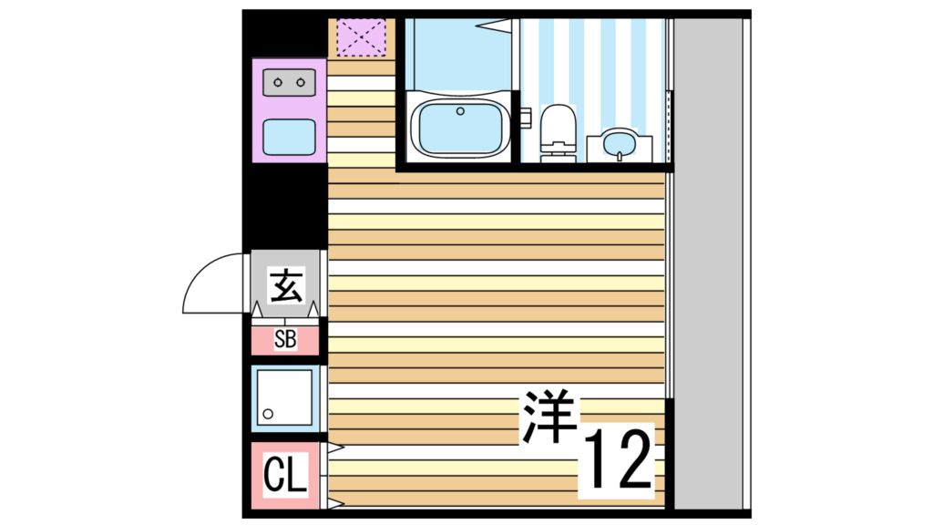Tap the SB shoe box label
pos(285,340)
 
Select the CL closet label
pos(285,476)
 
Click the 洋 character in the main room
pos(550,417)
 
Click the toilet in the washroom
pos(559,133)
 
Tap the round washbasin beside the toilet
pos(620,144)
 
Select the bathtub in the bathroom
pos(459,127)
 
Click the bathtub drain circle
pos(460,112)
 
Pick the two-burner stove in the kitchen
pos(290,83)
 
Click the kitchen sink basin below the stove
pos(290,137)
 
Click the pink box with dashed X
pos(361,37)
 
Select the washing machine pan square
pos(285,398)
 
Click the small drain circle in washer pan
pos(268,415)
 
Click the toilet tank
pos(559,118)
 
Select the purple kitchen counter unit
pos(290,110)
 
